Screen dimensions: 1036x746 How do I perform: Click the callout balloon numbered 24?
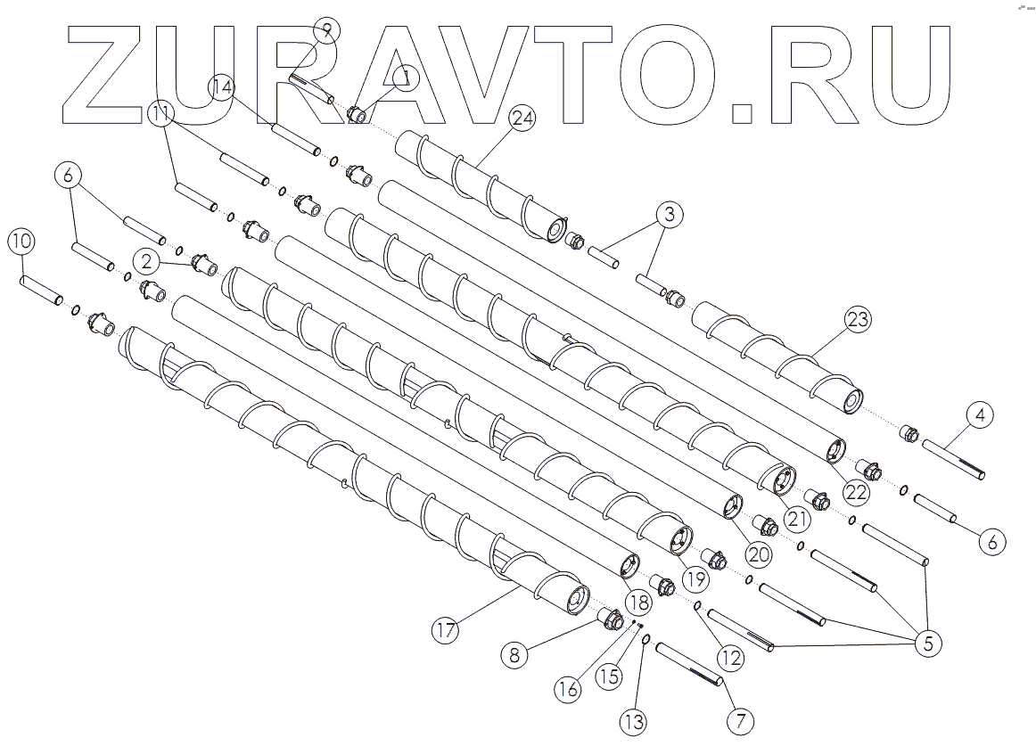(522, 119)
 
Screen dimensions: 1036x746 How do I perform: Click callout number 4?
(979, 415)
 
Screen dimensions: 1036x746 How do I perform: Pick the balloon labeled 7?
(741, 718)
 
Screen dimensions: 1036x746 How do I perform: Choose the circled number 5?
(928, 643)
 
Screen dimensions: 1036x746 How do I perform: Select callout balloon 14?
(223, 86)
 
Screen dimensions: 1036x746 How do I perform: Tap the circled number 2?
(148, 260)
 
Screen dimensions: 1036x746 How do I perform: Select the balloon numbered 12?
(730, 658)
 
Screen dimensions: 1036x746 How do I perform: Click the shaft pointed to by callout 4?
(954, 459)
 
